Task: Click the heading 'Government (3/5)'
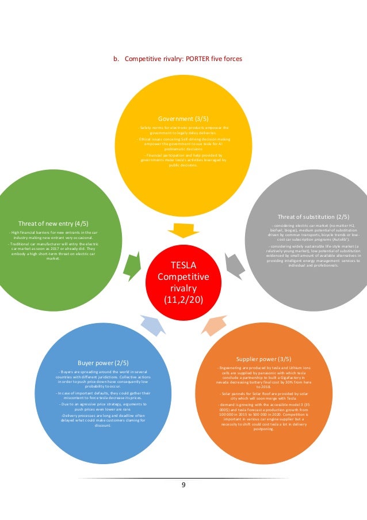point(184,119)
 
